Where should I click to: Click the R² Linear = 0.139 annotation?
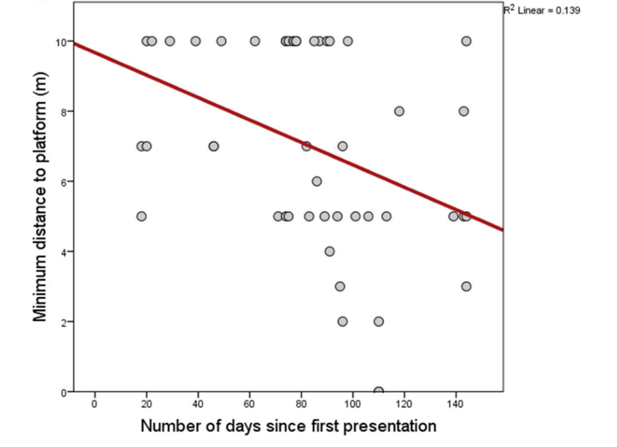542,10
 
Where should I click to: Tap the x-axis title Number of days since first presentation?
288,425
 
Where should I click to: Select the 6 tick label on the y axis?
64,182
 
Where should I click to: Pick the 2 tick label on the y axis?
64,322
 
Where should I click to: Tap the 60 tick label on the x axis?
250,405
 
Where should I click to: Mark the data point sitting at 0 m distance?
379,392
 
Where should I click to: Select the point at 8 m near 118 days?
399,111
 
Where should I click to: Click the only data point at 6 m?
317,181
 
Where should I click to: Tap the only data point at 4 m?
330,251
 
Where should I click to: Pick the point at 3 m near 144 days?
466,286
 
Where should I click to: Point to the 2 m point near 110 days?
379,322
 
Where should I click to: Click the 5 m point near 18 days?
141,216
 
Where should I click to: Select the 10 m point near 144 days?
466,41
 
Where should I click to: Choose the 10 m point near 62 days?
255,41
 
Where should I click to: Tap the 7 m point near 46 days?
214,146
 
